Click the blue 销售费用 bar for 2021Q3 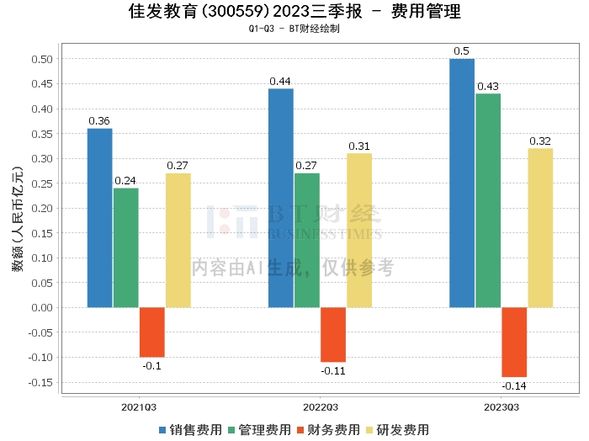point(99,217)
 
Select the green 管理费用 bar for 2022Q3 point(306,240)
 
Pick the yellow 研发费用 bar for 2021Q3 point(178,240)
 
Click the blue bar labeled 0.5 point(461,183)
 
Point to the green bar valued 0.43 point(488,200)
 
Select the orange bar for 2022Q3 point(332,334)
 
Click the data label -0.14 point(513,386)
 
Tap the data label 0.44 point(280,81)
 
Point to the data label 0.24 point(125,180)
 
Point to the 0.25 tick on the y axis point(41,183)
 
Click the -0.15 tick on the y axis point(39,382)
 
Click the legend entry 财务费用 point(326,430)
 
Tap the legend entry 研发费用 point(394,430)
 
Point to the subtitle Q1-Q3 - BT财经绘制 point(294,29)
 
